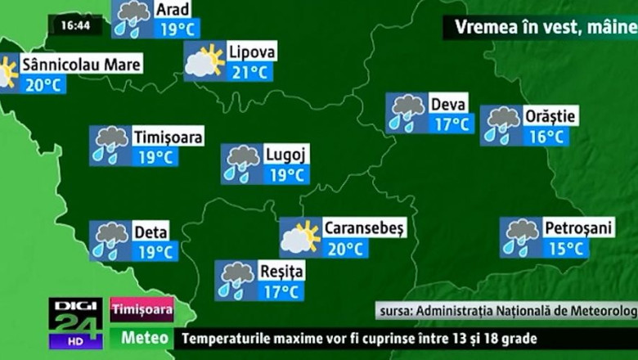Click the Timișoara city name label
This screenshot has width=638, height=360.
[167, 137]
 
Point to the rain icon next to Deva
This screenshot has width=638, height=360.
[407, 113]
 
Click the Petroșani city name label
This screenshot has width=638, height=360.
[578, 227]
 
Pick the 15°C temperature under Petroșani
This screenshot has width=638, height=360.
[565, 248]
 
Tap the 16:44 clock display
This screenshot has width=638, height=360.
[75, 25]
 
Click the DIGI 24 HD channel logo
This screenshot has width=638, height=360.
[75, 322]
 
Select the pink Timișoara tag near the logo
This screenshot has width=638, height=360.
[142, 309]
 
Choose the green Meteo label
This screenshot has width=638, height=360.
[145, 337]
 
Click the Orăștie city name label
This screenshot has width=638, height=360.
[550, 115]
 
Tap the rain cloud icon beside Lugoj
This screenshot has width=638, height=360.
[242, 164]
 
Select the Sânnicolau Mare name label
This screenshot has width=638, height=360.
[81, 64]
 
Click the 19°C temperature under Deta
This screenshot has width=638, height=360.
[155, 251]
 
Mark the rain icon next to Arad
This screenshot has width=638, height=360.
[133, 18]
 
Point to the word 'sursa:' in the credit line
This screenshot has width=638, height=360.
[397, 311]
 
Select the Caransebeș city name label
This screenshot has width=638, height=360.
[364, 228]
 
